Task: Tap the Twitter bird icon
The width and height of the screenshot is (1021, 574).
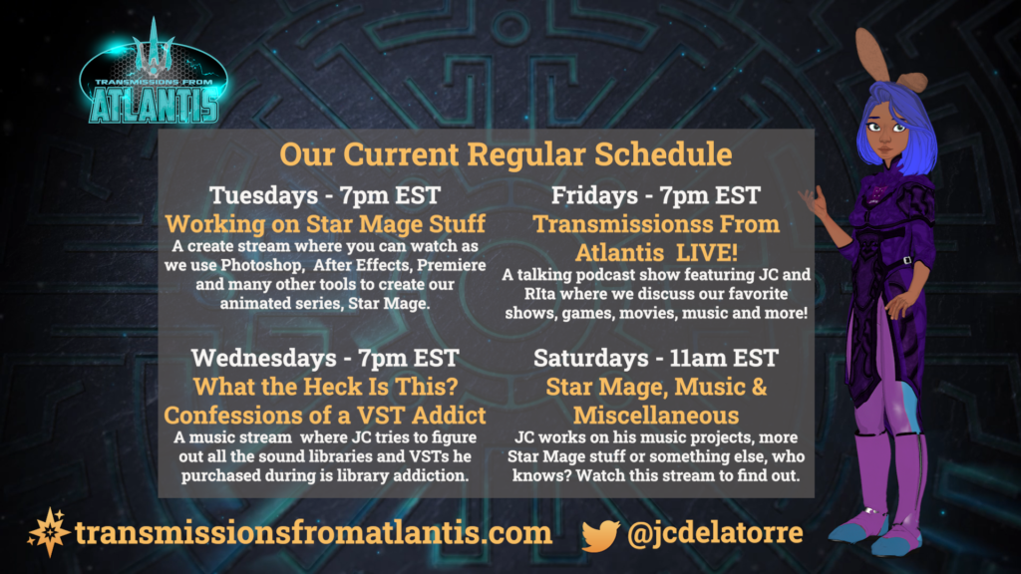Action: [600, 535]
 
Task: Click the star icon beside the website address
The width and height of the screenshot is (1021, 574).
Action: [49, 532]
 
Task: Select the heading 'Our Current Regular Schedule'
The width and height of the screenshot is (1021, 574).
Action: [506, 154]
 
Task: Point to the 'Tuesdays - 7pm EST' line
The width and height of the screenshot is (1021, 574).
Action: [325, 195]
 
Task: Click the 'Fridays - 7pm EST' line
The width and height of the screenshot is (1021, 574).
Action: [656, 195]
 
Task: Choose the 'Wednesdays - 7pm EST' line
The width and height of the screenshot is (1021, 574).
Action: [325, 358]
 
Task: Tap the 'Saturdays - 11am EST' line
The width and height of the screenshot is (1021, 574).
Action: [656, 358]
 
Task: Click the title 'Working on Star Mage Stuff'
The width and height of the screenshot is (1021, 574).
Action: [325, 224]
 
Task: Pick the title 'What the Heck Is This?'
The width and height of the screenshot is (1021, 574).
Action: [326, 387]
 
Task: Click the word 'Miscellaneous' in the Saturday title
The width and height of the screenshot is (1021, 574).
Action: [656, 416]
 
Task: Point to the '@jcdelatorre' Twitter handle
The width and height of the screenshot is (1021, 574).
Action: [715, 532]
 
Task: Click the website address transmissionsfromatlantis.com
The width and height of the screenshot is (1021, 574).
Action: [313, 532]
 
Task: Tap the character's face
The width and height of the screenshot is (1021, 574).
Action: [886, 135]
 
